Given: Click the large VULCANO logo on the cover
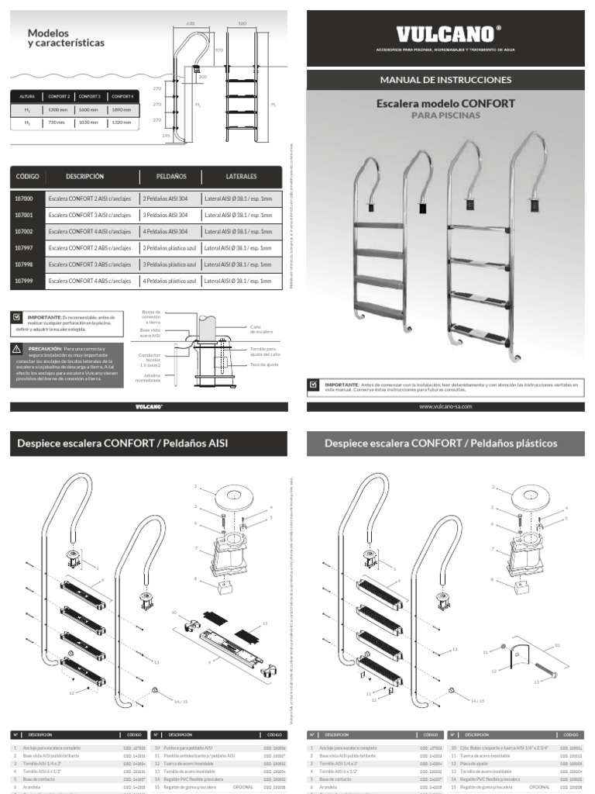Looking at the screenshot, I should coord(445,34).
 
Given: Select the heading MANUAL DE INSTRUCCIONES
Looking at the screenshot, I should coord(445,80).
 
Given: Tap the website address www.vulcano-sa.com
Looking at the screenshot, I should coord(445,406).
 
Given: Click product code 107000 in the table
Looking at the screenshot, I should coord(24,198).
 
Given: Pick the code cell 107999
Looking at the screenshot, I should coord(24,281).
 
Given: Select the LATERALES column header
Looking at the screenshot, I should coord(241,177).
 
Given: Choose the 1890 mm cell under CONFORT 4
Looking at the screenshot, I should coord(122,110).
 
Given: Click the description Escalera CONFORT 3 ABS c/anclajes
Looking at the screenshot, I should coord(90,264).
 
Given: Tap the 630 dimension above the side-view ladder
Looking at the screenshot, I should coord(190,25).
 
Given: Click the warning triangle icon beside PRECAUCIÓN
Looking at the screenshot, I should coord(17,350).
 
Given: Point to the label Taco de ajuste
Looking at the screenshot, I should coord(265,364).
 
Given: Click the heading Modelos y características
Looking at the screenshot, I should coord(66,38).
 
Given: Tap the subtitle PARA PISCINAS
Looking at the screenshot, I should coord(445,116).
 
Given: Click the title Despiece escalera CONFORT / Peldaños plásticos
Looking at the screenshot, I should coord(441,444).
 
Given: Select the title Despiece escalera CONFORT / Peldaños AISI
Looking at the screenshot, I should coord(122,444).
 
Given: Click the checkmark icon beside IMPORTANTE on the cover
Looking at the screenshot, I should coord(314,385).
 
